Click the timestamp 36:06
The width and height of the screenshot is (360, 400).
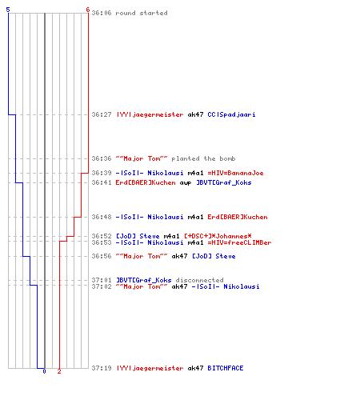(x=102, y=13)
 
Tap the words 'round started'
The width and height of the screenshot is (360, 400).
(x=142, y=13)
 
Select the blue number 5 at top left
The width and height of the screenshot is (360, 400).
(x=8, y=10)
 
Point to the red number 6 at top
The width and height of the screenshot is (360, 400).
(x=88, y=10)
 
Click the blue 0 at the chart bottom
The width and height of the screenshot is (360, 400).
(x=44, y=371)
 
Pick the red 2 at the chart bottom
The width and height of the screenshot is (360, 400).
(x=59, y=371)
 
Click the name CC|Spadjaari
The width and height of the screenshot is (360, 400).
(x=231, y=114)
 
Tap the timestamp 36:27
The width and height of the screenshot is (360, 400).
(x=102, y=114)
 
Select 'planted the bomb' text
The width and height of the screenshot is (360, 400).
(x=203, y=158)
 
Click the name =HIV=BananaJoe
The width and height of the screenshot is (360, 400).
(x=235, y=173)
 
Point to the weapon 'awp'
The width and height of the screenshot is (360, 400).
(x=186, y=183)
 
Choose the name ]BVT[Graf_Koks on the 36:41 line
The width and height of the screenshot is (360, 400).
(x=224, y=182)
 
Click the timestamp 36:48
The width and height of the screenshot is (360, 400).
(x=102, y=217)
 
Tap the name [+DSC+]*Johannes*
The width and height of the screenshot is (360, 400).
(x=218, y=236)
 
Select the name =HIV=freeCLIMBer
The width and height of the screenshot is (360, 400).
(x=239, y=242)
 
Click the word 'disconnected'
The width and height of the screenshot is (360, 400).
(x=199, y=280)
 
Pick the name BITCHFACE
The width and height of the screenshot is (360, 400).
(x=226, y=368)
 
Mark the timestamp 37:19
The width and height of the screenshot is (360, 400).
(x=102, y=368)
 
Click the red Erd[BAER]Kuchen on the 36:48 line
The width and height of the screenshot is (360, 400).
(x=238, y=217)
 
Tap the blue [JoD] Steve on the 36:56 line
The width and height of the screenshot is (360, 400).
(x=214, y=256)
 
